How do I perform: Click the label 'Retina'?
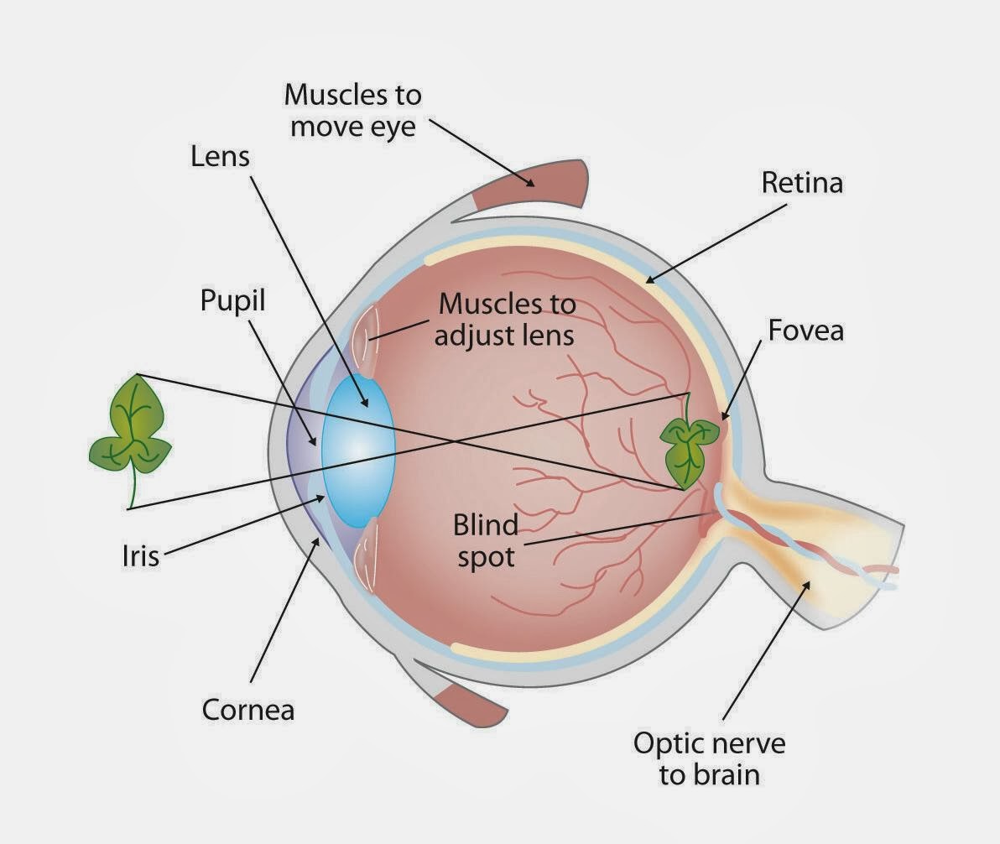[x=802, y=183]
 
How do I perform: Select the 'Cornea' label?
[x=248, y=710]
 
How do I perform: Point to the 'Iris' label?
[x=139, y=555]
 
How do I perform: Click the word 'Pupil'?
[x=232, y=300]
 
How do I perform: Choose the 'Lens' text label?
[x=220, y=155]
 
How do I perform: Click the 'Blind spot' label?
[x=486, y=541]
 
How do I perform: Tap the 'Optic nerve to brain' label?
[x=709, y=758]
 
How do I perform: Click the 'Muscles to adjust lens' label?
[x=507, y=319]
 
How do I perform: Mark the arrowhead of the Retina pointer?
[x=647, y=280]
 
